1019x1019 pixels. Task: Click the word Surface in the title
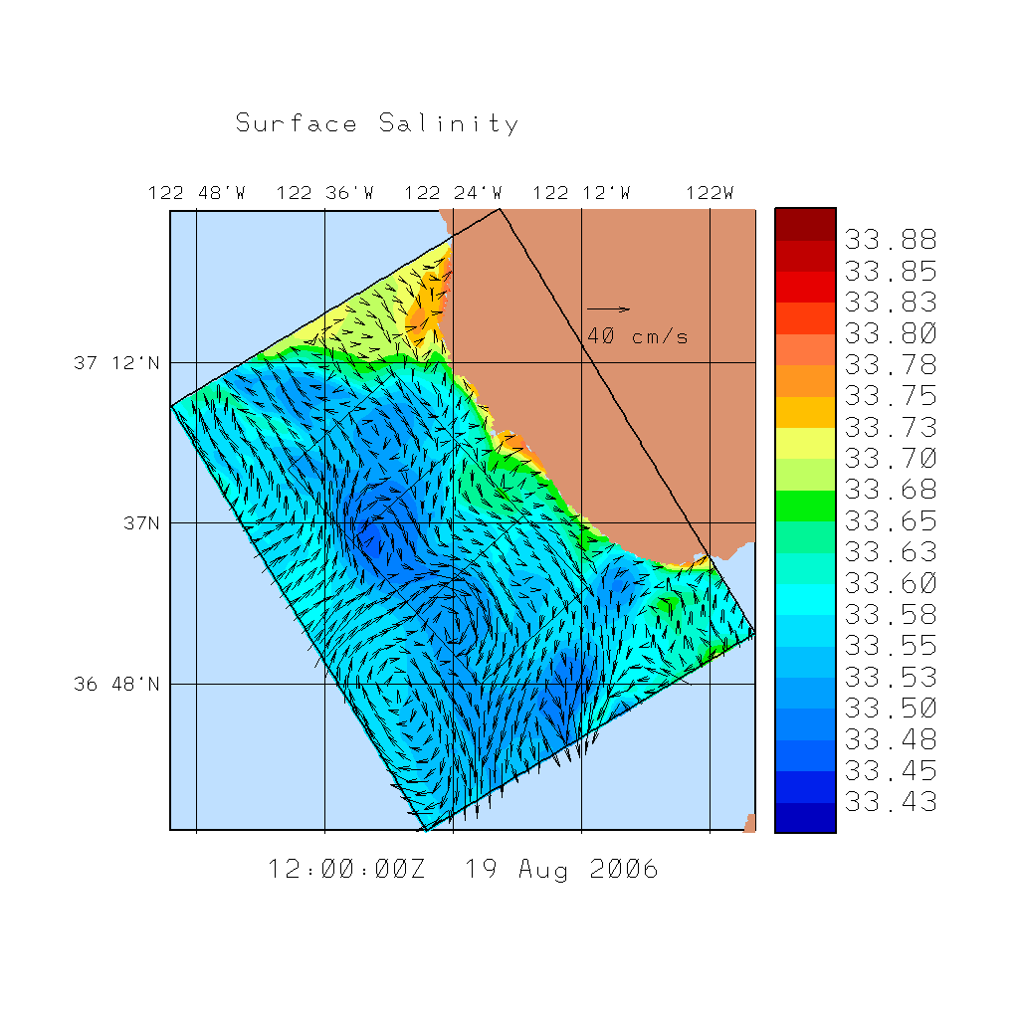(297, 124)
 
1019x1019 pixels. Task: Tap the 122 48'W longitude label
(197, 193)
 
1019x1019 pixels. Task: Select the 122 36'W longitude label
(325, 193)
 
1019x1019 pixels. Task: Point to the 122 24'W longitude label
(454, 193)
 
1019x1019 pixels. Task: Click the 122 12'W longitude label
(582, 193)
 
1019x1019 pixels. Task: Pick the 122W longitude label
(710, 193)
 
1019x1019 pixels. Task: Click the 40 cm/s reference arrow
(608, 309)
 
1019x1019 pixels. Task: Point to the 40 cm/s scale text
(637, 336)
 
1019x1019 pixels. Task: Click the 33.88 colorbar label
(891, 240)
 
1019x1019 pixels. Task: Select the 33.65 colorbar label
(891, 521)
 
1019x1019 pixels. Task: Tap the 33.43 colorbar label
(891, 802)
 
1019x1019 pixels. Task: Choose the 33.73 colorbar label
(891, 428)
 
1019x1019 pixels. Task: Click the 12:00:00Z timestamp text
(347, 870)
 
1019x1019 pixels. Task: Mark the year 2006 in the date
(624, 870)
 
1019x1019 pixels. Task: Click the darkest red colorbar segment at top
(805, 225)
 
